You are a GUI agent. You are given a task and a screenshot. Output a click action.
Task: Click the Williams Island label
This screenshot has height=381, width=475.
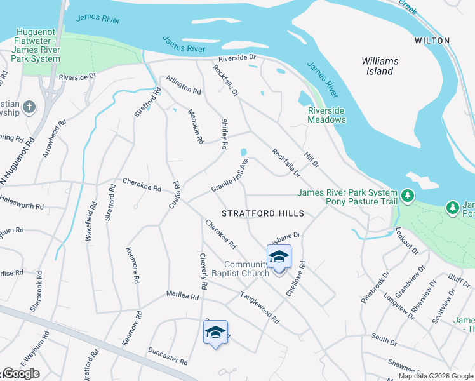click(380, 66)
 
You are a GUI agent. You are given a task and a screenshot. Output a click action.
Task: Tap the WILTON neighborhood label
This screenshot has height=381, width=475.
click(432, 41)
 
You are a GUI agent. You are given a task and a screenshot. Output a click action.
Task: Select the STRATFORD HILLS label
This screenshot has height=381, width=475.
click(263, 213)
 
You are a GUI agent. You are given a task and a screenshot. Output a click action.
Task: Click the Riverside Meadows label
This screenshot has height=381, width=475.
click(327, 115)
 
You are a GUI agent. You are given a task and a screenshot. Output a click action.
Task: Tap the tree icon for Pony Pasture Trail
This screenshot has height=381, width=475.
click(408, 197)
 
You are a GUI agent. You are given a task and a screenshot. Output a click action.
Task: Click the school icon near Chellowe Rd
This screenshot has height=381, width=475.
click(279, 257)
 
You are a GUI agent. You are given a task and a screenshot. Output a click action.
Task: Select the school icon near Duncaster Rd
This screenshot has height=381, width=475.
click(215, 332)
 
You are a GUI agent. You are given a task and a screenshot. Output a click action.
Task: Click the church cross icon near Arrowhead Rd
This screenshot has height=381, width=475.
click(29, 107)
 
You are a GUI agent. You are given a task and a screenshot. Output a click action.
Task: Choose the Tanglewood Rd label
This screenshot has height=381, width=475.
click(259, 308)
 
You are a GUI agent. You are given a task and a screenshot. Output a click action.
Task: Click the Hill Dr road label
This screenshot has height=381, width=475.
click(311, 159)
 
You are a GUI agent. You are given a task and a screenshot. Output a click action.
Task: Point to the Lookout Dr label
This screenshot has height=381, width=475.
click(407, 241)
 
